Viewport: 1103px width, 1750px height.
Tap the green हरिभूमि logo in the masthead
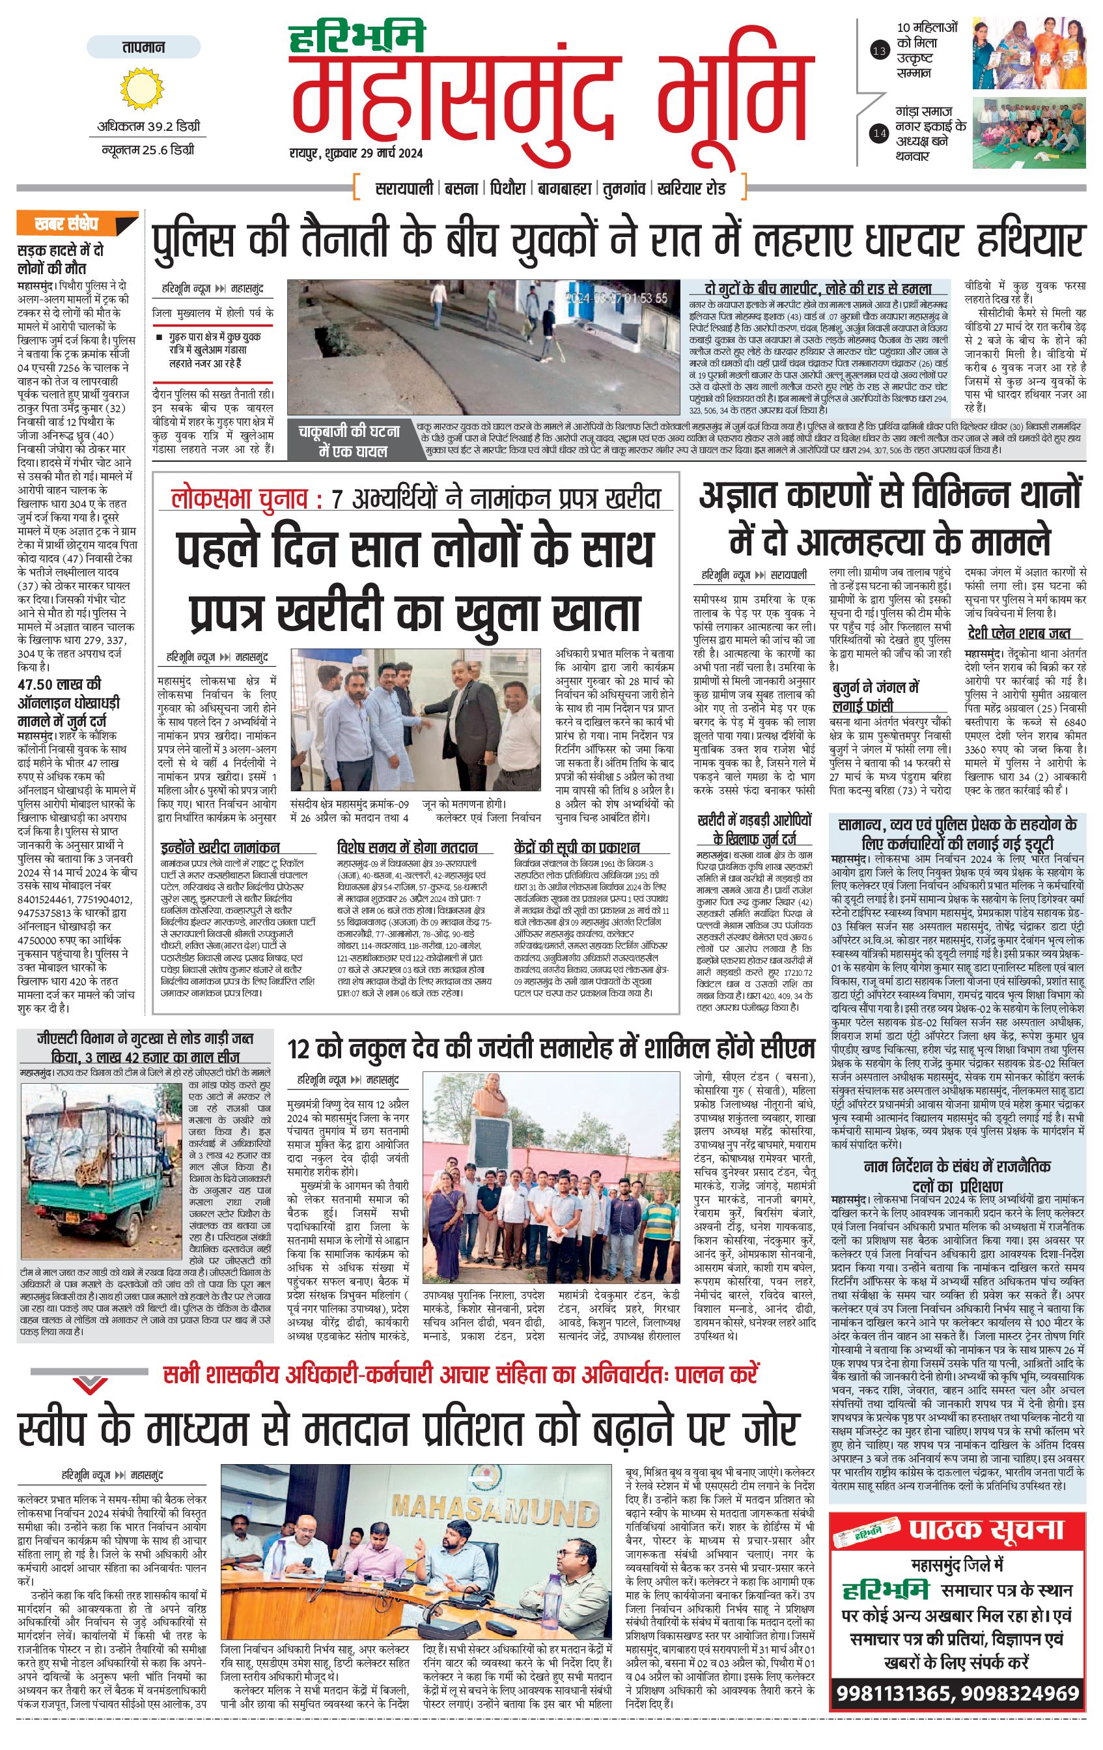(x=356, y=38)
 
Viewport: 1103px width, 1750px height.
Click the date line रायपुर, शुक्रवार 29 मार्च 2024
(x=356, y=153)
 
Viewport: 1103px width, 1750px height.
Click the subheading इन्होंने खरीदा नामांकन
(x=221, y=848)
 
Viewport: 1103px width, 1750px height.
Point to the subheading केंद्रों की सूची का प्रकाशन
(x=576, y=848)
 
